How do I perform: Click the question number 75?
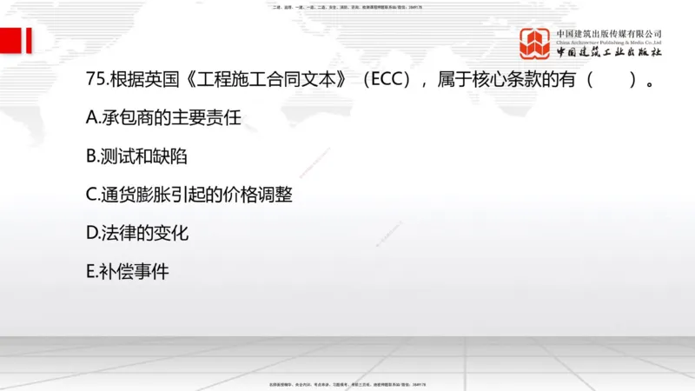[97, 81]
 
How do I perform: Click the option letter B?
[92, 157]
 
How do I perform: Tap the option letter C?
[92, 195]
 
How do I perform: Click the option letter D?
[92, 234]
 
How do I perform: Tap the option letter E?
[91, 272]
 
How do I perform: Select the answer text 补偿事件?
[135, 272]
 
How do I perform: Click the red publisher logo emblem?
[535, 43]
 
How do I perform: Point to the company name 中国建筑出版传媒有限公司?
[609, 33]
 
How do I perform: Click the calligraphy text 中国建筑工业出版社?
[609, 53]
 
